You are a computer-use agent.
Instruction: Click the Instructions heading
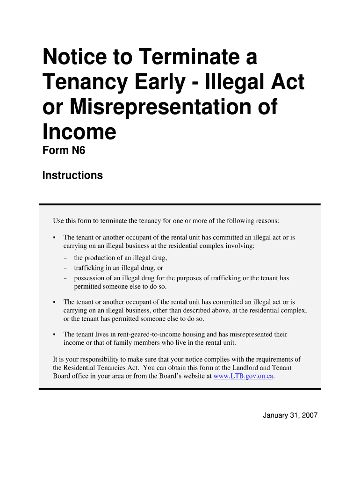[x=72, y=175]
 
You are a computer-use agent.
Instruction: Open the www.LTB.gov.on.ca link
[x=243, y=376]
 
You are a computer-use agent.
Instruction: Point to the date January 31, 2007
[x=290, y=415]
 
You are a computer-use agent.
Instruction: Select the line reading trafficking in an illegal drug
[x=118, y=268]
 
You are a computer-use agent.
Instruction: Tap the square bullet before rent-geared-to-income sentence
[x=55, y=334]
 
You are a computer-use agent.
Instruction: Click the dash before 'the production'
[x=65, y=258]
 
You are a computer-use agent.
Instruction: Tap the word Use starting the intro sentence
[x=58, y=221]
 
